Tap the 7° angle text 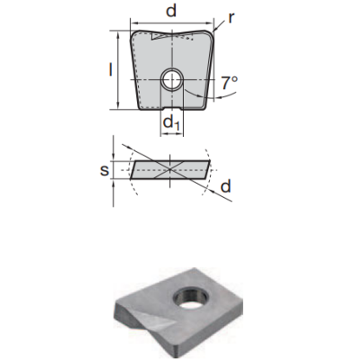coord(229,84)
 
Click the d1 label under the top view coord(172,125)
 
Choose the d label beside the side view coord(226,187)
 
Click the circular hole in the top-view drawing coord(171,81)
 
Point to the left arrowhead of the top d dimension coord(133,21)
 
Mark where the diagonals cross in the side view coord(170,168)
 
